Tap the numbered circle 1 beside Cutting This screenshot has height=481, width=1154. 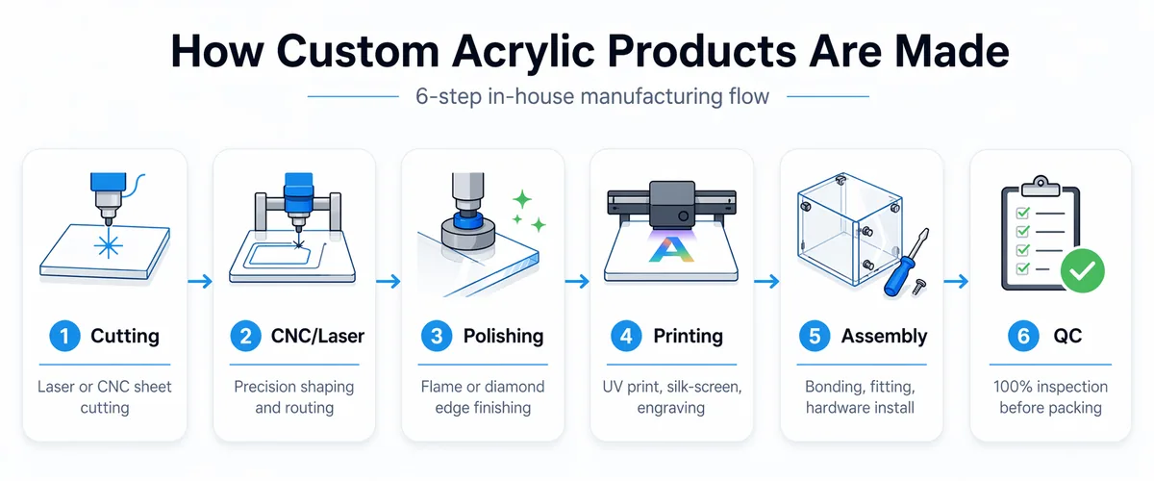[64, 336]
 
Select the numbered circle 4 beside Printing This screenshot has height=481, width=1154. [625, 336]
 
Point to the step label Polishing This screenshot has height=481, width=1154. [503, 336]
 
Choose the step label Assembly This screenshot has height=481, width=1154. [884, 336]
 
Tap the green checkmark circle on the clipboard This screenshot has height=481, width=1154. [1082, 271]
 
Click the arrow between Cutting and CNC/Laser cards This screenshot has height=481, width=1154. [200, 281]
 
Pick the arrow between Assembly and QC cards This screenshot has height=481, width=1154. [956, 281]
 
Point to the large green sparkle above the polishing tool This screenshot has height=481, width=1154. [522, 200]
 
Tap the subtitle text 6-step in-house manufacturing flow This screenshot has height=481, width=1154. [591, 96]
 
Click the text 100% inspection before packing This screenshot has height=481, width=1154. [1050, 396]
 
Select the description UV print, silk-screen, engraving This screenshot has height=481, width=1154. [670, 396]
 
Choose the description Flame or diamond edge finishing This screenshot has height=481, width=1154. [483, 396]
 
